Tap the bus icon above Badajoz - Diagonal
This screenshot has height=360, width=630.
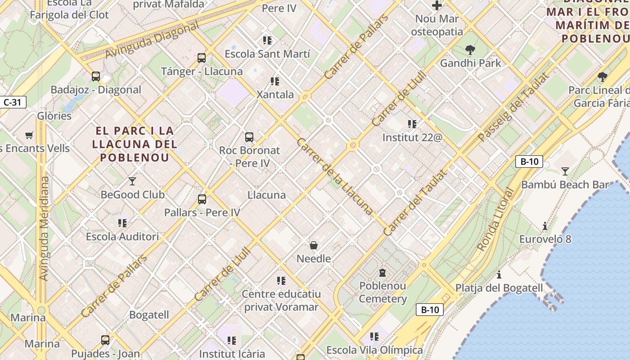(x=96, y=76)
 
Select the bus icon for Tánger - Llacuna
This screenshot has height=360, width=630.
(x=202, y=58)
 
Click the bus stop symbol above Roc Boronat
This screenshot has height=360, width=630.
(x=249, y=137)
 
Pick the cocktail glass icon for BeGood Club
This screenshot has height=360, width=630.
(x=132, y=181)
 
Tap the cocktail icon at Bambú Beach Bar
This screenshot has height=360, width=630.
(x=565, y=171)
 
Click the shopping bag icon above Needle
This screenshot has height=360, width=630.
(x=314, y=245)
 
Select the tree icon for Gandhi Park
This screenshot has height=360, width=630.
(x=470, y=49)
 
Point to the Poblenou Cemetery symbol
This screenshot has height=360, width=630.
(x=382, y=272)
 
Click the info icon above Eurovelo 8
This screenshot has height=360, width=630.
(x=545, y=225)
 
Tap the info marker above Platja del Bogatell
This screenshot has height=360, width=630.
(x=499, y=274)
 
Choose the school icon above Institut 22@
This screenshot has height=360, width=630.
(x=412, y=124)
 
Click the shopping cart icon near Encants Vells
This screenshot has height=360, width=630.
(x=29, y=135)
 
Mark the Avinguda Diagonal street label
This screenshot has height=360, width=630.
(x=152, y=40)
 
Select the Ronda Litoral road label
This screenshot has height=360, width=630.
(x=495, y=219)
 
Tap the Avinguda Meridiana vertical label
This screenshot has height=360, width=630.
(x=44, y=228)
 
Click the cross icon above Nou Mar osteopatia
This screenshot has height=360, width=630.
(x=436, y=5)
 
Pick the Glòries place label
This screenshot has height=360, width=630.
(x=54, y=116)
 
